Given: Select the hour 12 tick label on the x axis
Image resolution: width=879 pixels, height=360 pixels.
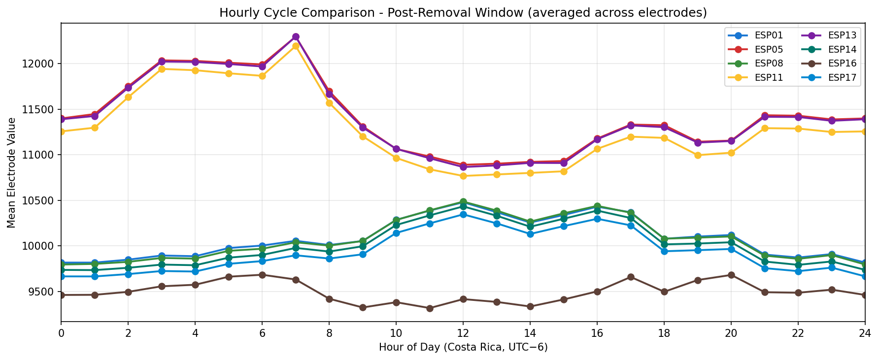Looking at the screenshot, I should point(462,333).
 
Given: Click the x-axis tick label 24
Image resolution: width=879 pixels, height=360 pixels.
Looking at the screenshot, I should point(865,333).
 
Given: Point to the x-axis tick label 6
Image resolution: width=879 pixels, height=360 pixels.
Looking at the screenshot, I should point(262,333).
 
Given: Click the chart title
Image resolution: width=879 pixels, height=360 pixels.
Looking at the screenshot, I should point(463,13).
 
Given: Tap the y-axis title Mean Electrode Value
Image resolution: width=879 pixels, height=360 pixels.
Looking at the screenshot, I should point(11,172).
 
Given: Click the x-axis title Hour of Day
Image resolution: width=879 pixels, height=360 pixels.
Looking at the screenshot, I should point(463,348).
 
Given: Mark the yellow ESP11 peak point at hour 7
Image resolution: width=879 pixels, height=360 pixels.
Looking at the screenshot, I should point(296,46).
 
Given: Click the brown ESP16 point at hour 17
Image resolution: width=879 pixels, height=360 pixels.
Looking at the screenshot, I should point(631,277).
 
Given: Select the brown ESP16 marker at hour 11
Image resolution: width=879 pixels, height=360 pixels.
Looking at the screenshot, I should point(430,308).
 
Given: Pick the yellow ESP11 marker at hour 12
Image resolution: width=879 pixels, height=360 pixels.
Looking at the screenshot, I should point(463,176).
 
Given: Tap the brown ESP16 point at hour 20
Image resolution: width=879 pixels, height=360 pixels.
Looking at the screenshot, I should point(731,275).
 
